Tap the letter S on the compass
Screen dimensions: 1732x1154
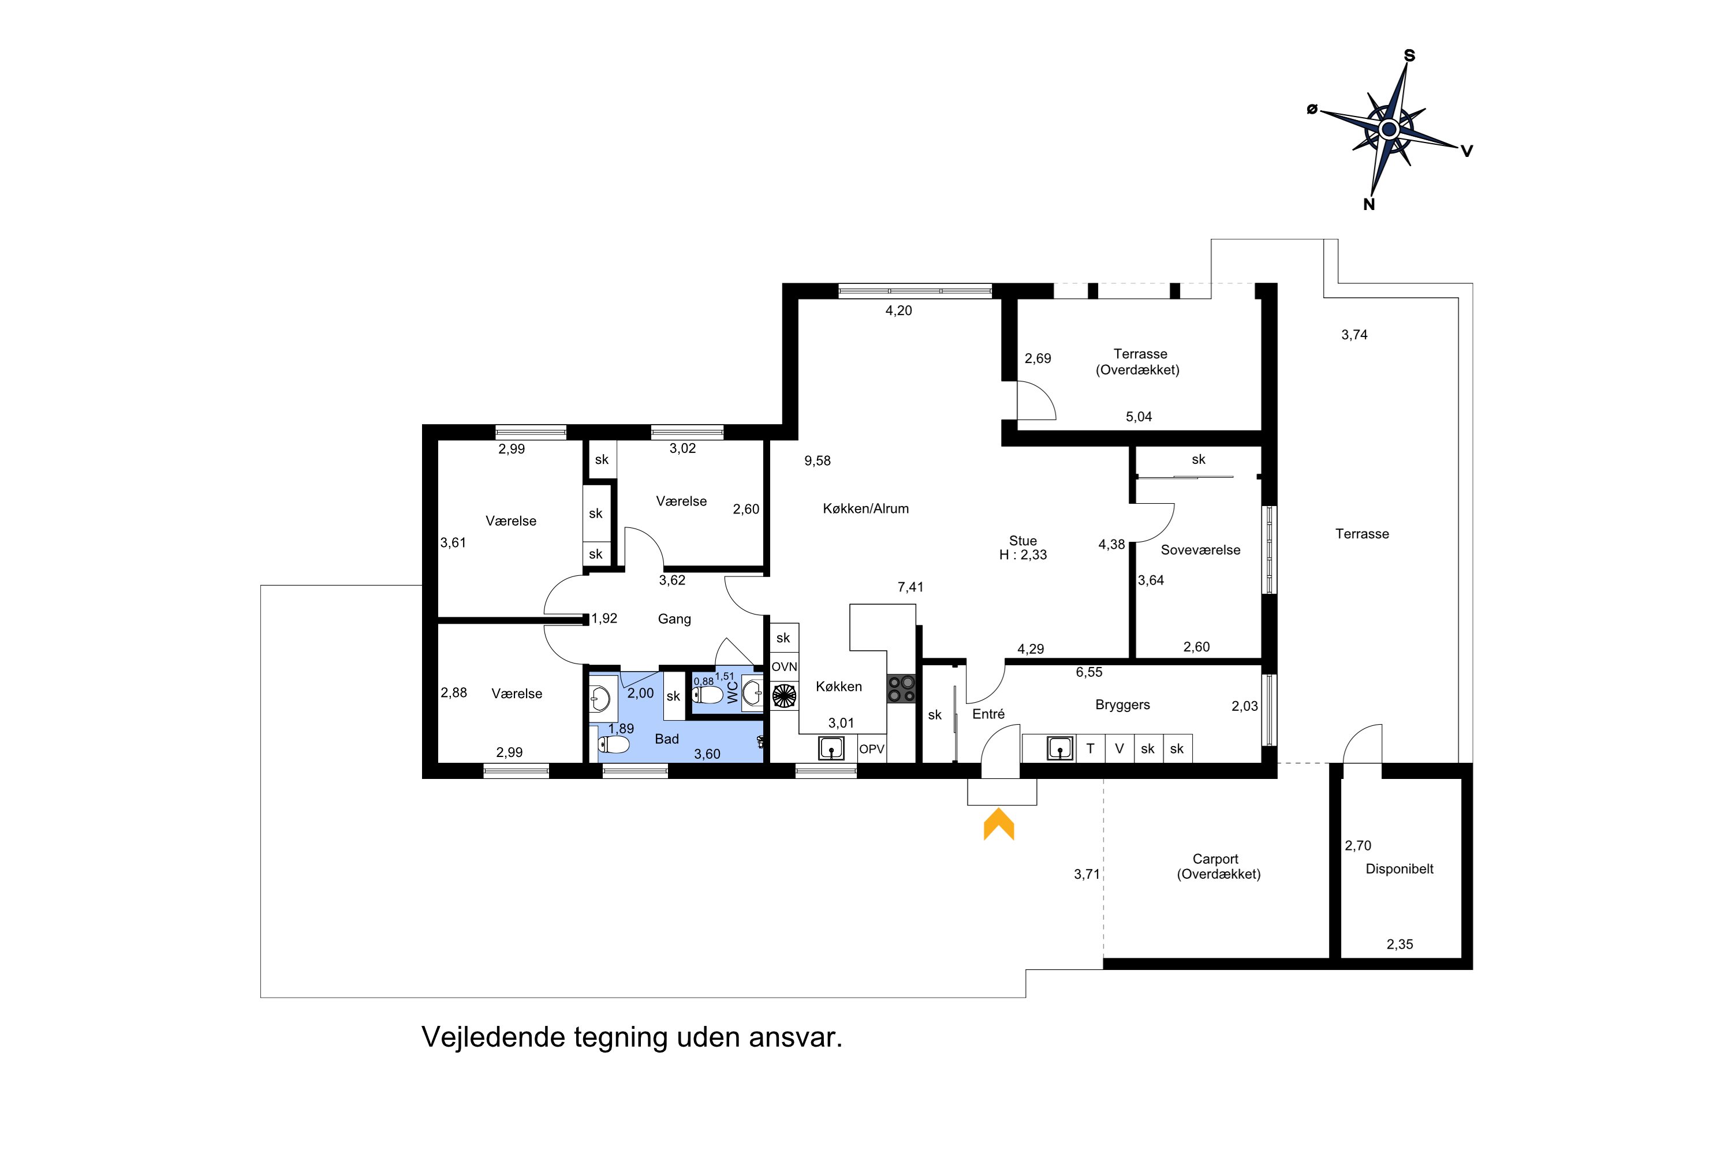(1409, 55)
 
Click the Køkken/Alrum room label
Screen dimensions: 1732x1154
(865, 508)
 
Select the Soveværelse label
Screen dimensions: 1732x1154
(1200, 550)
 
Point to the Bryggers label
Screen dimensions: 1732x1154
(1122, 705)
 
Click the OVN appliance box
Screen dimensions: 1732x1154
(784, 667)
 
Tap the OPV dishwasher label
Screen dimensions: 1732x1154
(872, 749)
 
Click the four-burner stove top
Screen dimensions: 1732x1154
(901, 689)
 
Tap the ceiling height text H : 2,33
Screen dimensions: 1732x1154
(1023, 555)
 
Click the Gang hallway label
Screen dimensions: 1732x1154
(674, 619)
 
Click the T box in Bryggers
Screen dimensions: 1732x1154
(1091, 748)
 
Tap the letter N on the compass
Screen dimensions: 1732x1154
(1369, 205)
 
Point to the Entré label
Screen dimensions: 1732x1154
(988, 714)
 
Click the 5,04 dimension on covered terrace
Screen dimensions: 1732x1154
(1139, 417)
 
